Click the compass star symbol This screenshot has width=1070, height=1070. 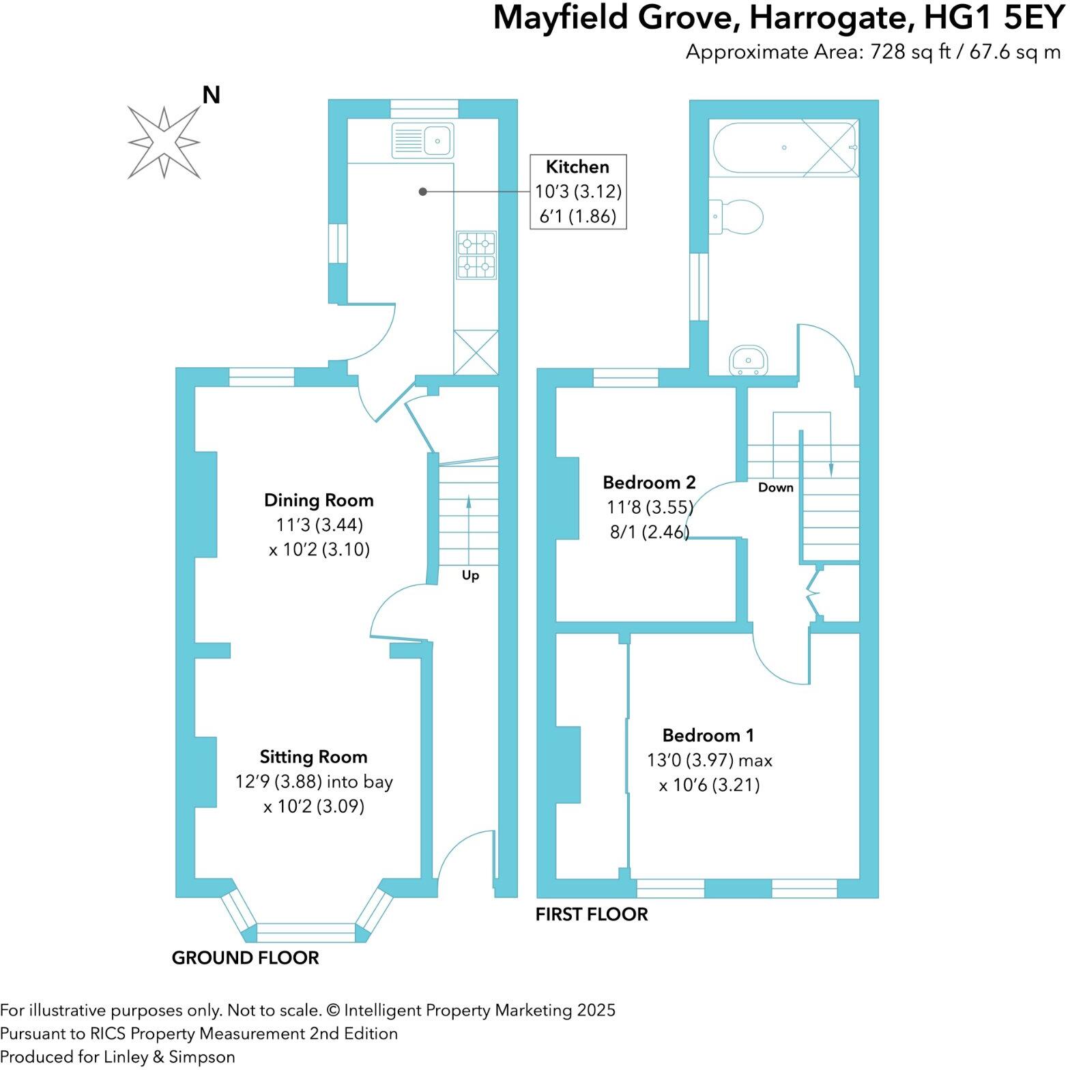pyautogui.click(x=164, y=143)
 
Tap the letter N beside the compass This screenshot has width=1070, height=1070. pyautogui.click(x=211, y=95)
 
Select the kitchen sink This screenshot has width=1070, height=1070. pyautogui.click(x=422, y=141)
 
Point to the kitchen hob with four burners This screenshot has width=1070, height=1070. pyautogui.click(x=476, y=255)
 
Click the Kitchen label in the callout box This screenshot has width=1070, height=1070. pyautogui.click(x=577, y=167)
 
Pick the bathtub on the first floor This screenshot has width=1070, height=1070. pyautogui.click(x=784, y=148)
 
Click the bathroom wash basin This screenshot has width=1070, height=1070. pyautogui.click(x=749, y=360)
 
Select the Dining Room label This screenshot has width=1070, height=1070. pyautogui.click(x=319, y=500)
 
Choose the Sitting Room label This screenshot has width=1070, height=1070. pyautogui.click(x=313, y=757)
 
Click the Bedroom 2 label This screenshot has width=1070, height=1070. pyautogui.click(x=649, y=482)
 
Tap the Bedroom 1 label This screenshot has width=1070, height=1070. pyautogui.click(x=708, y=735)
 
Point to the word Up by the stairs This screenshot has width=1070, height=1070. pyautogui.click(x=470, y=575)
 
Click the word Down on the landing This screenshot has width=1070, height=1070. pyautogui.click(x=776, y=487)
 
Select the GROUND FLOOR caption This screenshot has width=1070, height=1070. pyautogui.click(x=245, y=957)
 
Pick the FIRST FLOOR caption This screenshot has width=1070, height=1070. pyautogui.click(x=592, y=914)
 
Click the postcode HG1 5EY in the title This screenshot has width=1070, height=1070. pyautogui.click(x=994, y=18)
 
